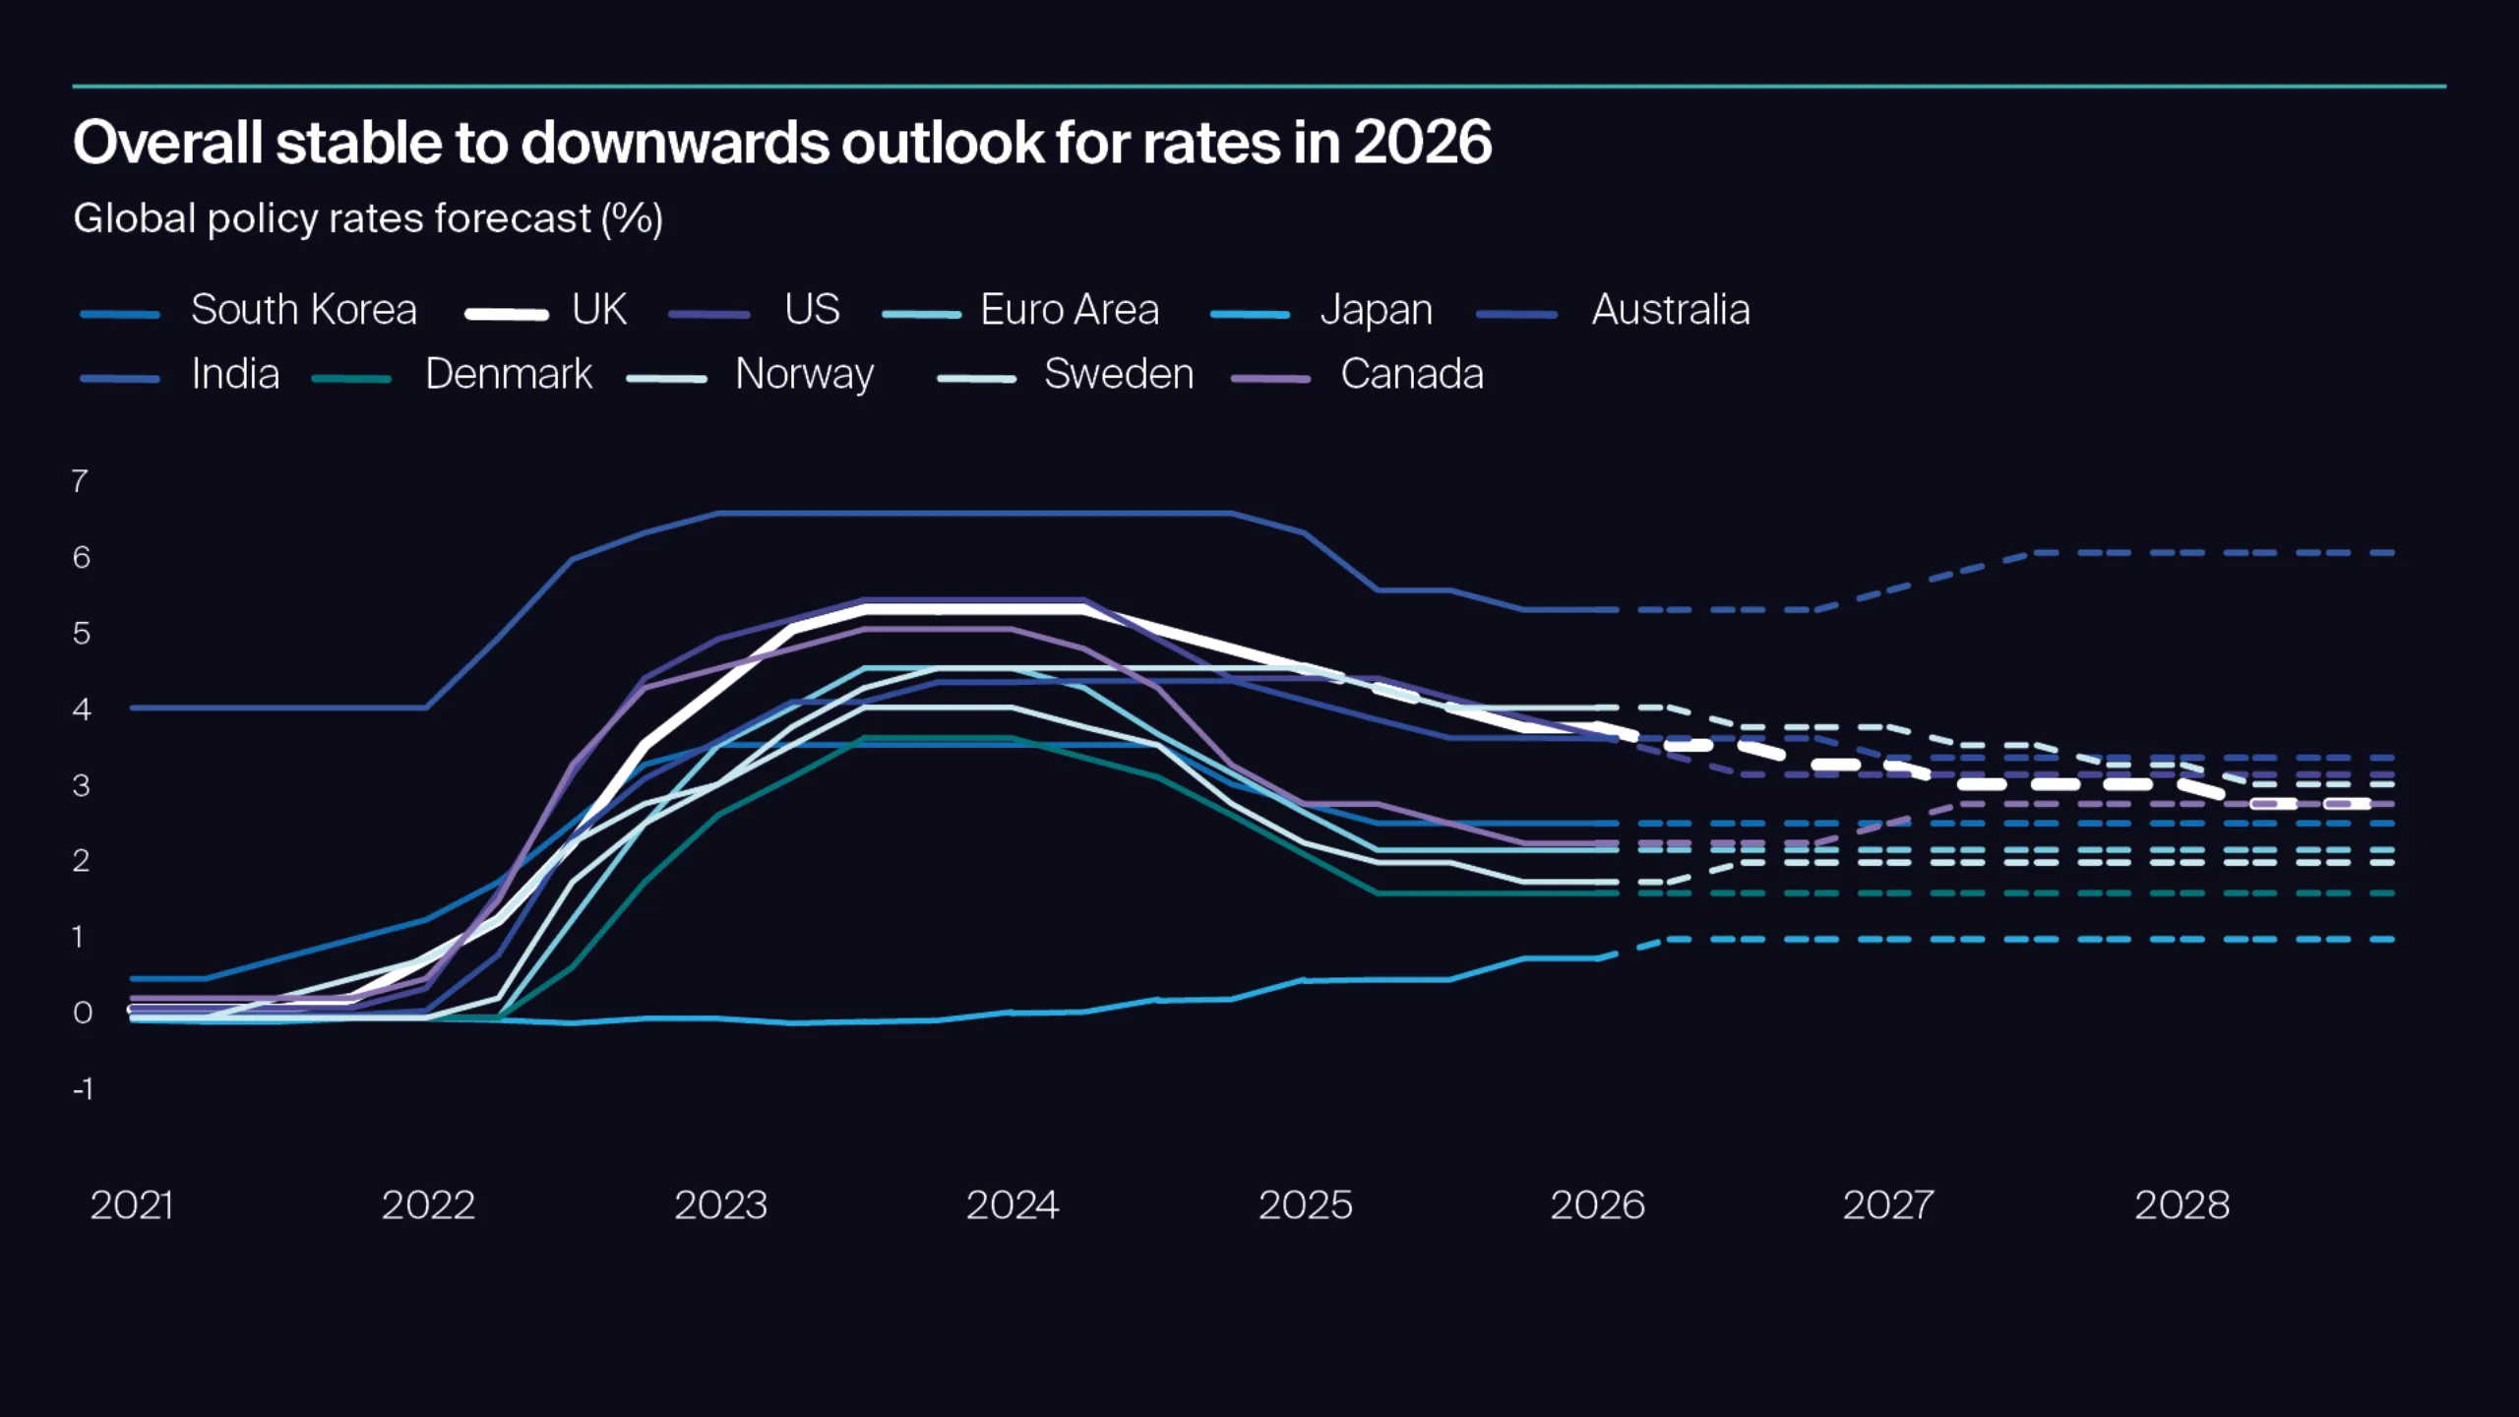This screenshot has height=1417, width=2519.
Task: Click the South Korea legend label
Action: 303,310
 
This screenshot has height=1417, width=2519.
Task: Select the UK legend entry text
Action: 598,310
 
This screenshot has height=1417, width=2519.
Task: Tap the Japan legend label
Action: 1376,311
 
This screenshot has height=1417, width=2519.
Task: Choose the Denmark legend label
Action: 508,374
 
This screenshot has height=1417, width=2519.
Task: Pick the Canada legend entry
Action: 1411,374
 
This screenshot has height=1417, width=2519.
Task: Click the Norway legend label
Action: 804,375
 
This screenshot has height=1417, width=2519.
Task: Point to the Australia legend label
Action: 1670,310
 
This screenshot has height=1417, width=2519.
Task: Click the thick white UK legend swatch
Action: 507,315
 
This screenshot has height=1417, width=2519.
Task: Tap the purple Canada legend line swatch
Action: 1270,379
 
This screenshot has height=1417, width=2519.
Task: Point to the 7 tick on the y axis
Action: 80,481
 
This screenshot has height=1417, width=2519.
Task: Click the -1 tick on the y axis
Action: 83,1089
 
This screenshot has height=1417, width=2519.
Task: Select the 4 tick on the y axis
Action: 81,709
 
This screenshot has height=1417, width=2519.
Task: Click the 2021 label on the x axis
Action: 131,1205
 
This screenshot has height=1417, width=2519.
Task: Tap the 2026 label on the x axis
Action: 1596,1205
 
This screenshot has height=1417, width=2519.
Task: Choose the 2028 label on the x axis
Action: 2181,1205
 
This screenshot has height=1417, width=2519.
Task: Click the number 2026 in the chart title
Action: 1422,143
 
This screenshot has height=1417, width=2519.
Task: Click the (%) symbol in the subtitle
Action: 632,218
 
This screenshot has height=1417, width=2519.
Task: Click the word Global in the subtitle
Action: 134,218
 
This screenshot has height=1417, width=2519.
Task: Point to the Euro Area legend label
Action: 1069,310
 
